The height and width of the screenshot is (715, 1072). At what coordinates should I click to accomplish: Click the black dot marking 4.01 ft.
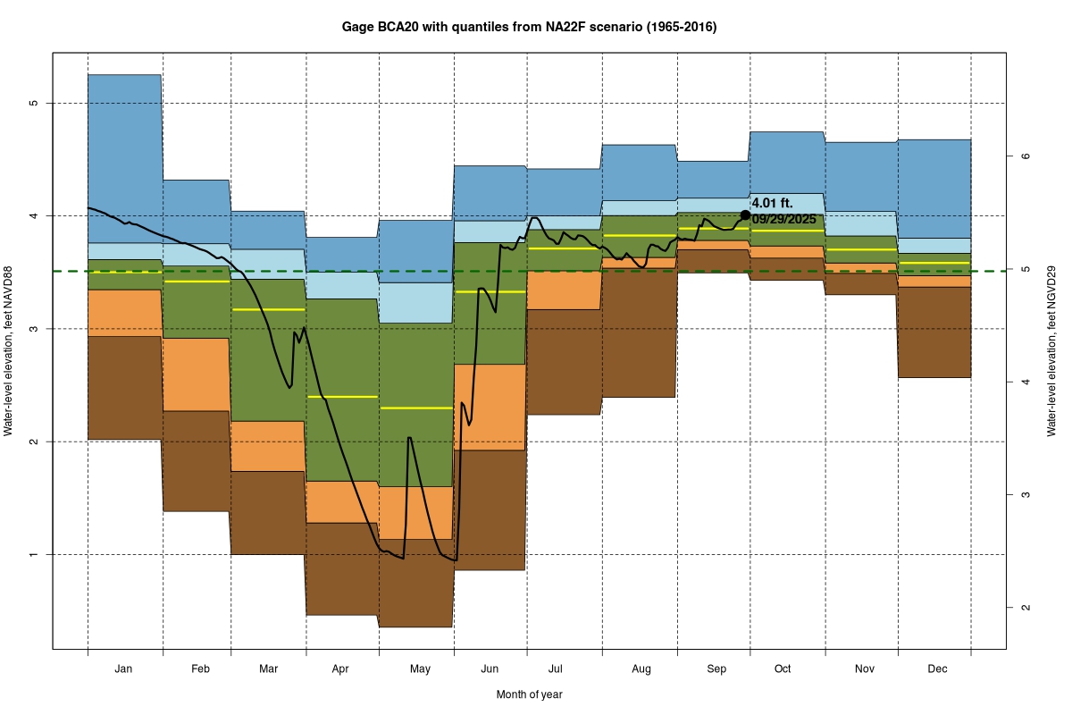click(745, 214)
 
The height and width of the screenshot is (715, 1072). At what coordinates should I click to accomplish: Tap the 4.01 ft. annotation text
click(772, 204)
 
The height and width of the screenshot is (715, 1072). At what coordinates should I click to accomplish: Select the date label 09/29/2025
click(783, 218)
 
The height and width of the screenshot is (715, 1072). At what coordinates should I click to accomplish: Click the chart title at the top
click(529, 27)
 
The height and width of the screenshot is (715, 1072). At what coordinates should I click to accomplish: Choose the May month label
click(420, 669)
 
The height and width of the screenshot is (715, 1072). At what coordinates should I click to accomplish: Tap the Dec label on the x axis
click(937, 669)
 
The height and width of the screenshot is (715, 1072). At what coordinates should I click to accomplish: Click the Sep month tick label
click(716, 669)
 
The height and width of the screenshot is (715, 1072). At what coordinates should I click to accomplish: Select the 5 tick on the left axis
click(34, 103)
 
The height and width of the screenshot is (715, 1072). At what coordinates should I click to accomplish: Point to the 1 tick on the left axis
click(34, 554)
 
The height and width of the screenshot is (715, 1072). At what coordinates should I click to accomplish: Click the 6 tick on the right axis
click(1026, 156)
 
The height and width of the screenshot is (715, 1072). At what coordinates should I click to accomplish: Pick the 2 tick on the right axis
click(1026, 607)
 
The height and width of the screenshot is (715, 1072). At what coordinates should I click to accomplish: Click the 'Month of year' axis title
click(529, 694)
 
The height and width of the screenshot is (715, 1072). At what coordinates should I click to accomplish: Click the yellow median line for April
click(342, 396)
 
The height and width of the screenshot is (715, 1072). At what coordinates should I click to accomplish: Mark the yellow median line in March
click(268, 309)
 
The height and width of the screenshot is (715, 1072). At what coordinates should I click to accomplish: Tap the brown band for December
click(934, 332)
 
